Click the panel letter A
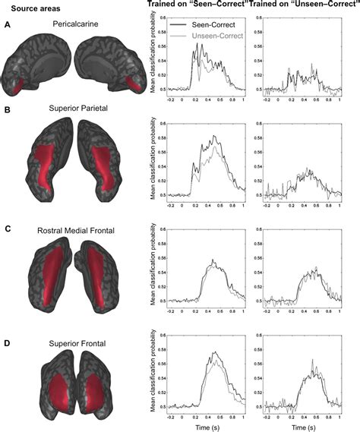pos(8,24)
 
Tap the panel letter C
pos(8,226)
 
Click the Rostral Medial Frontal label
pos(74,226)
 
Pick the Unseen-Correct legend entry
pos(219,35)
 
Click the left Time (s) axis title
pos(206,426)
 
